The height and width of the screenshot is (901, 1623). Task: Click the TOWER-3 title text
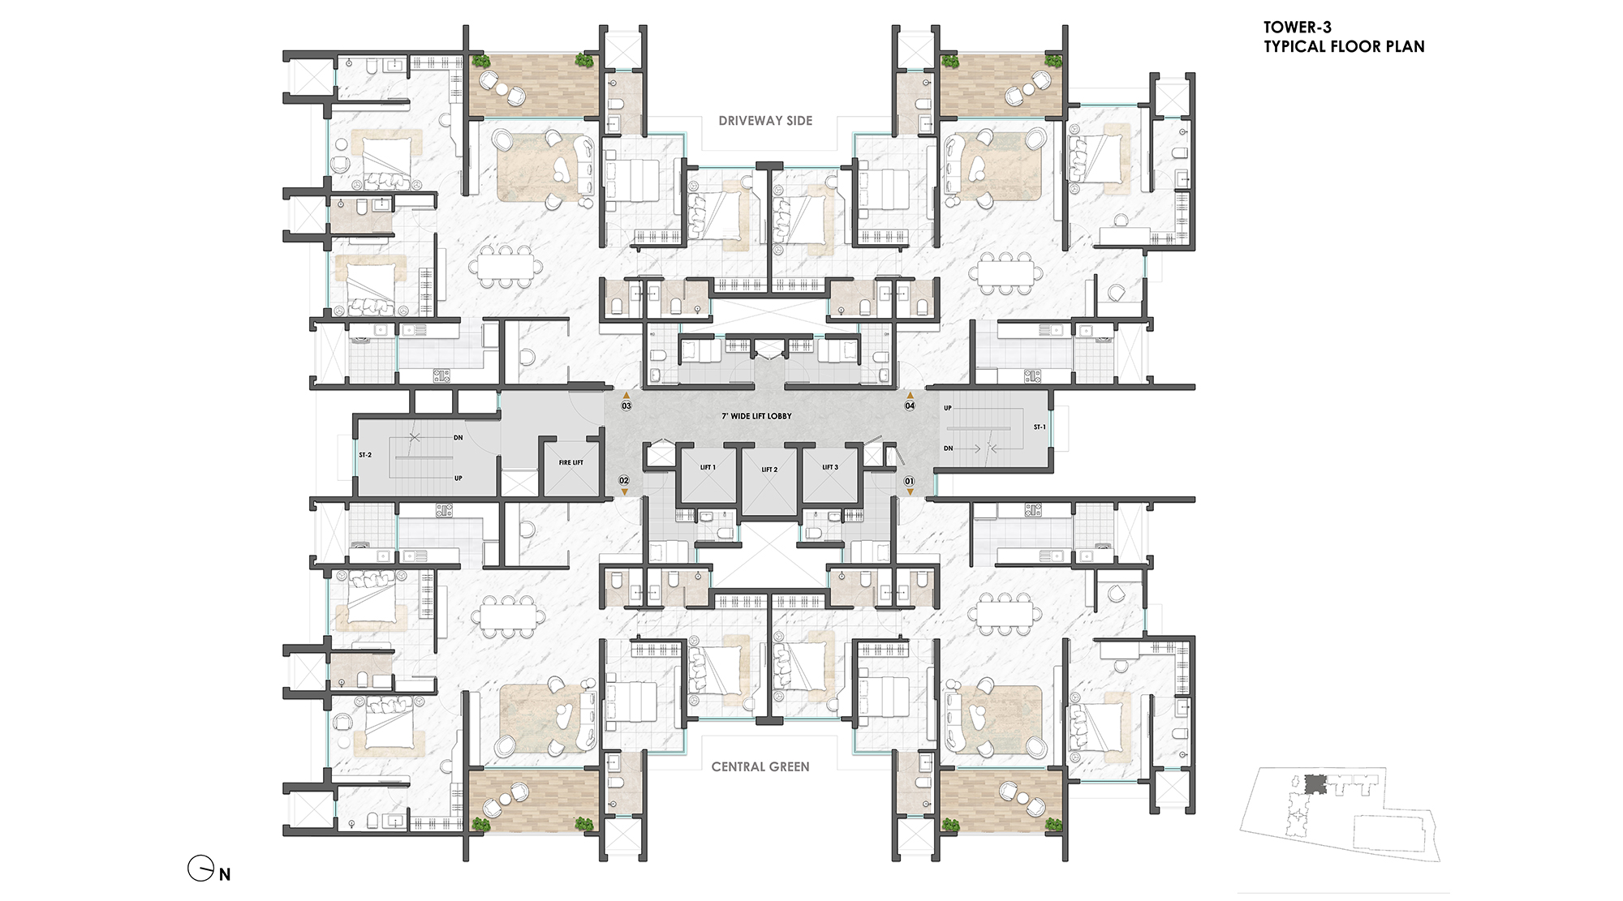click(1297, 28)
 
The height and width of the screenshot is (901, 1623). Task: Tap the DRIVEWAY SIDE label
click(765, 121)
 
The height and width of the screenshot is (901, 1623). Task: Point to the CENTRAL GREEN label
click(760, 767)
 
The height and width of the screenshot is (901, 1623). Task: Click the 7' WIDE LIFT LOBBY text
click(756, 416)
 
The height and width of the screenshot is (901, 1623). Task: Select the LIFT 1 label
click(708, 467)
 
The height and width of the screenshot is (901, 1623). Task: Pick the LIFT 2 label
click(769, 470)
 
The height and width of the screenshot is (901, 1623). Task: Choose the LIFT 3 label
click(829, 467)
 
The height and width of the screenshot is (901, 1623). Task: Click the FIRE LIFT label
click(570, 462)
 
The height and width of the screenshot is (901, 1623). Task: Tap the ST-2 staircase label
click(365, 455)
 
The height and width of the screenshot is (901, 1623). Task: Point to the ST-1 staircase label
click(1040, 427)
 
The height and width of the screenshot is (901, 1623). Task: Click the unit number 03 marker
click(626, 405)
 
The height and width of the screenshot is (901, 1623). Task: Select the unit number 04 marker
click(910, 405)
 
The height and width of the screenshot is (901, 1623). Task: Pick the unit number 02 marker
click(624, 481)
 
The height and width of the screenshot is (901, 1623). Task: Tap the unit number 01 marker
click(910, 481)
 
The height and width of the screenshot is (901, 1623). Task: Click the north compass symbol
click(200, 869)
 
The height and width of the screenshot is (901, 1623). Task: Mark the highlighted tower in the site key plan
click(1314, 784)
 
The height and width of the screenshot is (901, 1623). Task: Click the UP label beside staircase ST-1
click(948, 408)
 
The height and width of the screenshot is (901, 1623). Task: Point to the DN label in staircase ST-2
click(458, 438)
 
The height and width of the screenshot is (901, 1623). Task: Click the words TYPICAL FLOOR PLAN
click(1344, 47)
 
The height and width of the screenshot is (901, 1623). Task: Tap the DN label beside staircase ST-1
click(948, 448)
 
